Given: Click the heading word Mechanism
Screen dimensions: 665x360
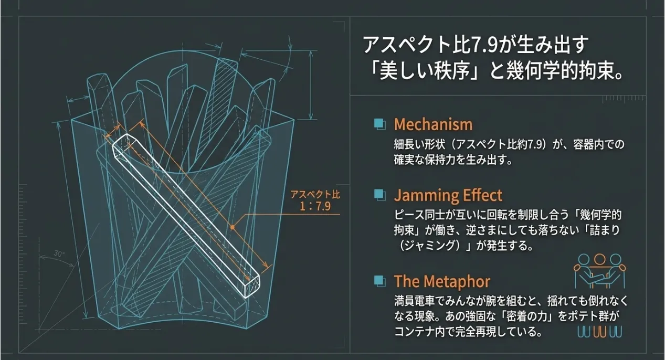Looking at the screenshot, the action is (433, 125).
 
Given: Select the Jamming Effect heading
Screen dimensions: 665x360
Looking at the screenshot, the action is (448, 196).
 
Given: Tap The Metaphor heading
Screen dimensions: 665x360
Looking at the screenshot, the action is (442, 282).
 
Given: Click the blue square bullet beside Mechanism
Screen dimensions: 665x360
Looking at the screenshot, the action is (379, 124).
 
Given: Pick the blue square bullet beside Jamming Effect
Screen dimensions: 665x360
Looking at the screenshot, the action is (379, 195).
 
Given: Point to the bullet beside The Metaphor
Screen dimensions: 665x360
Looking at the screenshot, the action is (379, 281).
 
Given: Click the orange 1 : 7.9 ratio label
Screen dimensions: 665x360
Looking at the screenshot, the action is (315, 206).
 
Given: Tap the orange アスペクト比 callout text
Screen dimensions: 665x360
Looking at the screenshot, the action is (315, 194).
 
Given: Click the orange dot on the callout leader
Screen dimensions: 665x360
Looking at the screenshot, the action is (233, 227).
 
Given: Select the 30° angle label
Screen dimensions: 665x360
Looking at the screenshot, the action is (59, 254).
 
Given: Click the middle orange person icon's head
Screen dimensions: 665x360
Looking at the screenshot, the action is (599, 259).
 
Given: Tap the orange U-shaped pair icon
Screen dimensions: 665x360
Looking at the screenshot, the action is (600, 332).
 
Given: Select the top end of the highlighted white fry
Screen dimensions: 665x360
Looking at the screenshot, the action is (122, 141).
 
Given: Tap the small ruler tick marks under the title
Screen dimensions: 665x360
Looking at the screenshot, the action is (624, 99).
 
